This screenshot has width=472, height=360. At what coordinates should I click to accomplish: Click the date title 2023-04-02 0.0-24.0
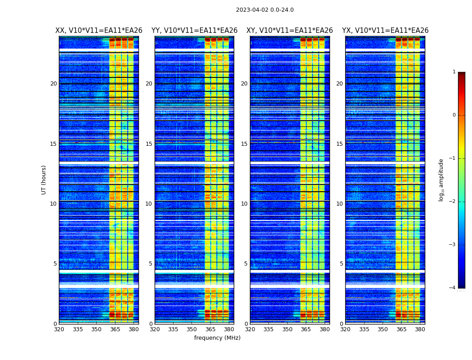pyautogui.click(x=265, y=10)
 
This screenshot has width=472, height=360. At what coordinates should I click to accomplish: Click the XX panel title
pyautogui.click(x=99, y=31)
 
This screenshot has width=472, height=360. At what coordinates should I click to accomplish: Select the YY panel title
pyautogui.click(x=194, y=31)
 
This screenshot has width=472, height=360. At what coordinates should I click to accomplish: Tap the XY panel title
pyautogui.click(x=289, y=31)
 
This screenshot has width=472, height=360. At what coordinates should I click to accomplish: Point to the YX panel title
pyautogui.click(x=385, y=31)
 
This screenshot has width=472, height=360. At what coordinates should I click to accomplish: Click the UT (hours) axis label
pyautogui.click(x=44, y=180)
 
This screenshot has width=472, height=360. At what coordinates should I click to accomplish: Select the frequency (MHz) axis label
pyautogui.click(x=217, y=338)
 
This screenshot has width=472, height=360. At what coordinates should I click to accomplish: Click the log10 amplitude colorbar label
pyautogui.click(x=441, y=180)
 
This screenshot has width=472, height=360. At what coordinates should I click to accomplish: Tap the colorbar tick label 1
pyautogui.click(x=454, y=72)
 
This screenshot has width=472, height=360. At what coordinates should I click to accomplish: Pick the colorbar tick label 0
pyautogui.click(x=454, y=115)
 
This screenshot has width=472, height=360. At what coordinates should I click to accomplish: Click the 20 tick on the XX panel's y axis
pyautogui.click(x=53, y=84)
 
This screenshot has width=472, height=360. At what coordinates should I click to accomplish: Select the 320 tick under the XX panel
pyautogui.click(x=59, y=329)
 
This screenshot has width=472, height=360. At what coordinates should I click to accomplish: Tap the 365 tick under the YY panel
pyautogui.click(x=211, y=329)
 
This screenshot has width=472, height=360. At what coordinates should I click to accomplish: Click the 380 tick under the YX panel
pyautogui.click(x=420, y=329)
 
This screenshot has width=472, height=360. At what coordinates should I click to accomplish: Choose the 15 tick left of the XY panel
pyautogui.click(x=244, y=144)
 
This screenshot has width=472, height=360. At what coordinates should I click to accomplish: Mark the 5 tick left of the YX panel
pyautogui.click(x=341, y=264)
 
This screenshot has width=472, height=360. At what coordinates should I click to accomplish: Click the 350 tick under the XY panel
pyautogui.click(x=287, y=329)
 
